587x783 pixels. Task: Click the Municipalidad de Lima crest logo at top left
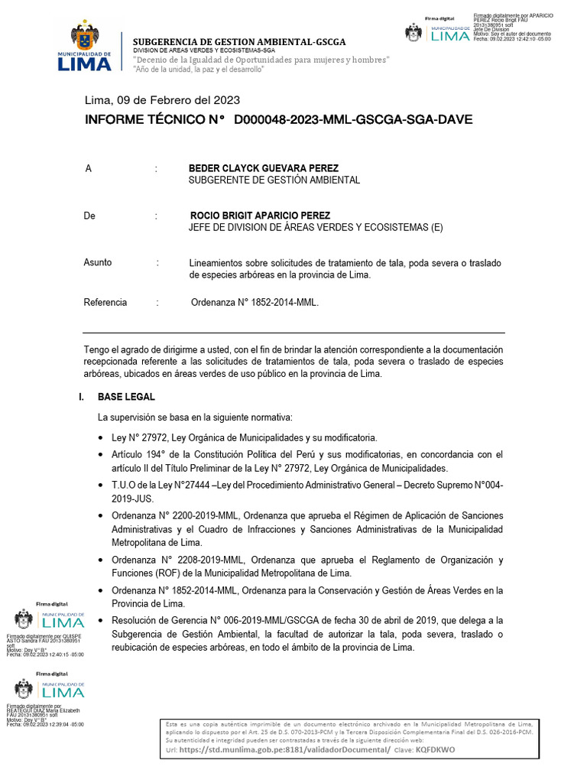84,47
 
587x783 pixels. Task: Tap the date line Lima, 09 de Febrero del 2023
162,100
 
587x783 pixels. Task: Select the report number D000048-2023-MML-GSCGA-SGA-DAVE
353,119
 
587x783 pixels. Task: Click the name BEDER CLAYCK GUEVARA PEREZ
264,168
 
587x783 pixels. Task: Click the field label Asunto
97,263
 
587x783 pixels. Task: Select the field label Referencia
105,303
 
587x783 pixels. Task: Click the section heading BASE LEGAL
126,397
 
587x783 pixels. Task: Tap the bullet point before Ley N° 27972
102,438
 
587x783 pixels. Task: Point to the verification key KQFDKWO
435,750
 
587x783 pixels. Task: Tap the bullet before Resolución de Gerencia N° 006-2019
102,620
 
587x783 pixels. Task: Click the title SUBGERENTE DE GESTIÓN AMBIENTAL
274,180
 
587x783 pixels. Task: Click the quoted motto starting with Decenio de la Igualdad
261,60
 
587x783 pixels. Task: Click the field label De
89,216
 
